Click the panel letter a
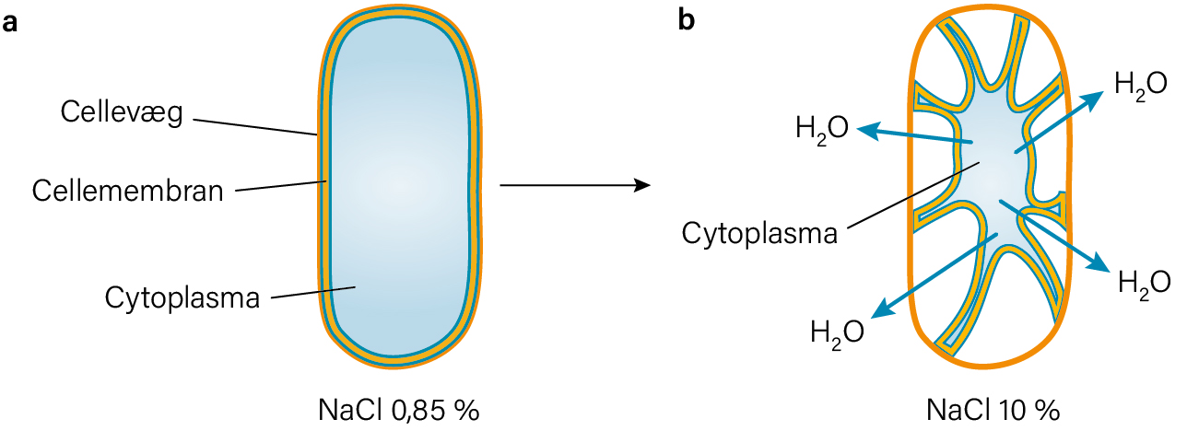click(x=9, y=23)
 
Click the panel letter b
click(x=687, y=20)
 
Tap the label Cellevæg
click(x=122, y=112)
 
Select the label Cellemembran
click(x=128, y=191)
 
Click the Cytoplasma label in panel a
click(x=182, y=298)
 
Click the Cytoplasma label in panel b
click(x=759, y=234)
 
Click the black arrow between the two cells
click(x=575, y=185)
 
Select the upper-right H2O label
click(x=1140, y=86)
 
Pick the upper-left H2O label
click(x=822, y=129)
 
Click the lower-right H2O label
click(x=1144, y=284)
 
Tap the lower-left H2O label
click(x=837, y=333)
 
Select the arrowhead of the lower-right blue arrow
click(x=1099, y=265)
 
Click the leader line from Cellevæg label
click(x=255, y=127)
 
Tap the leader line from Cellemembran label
click(x=281, y=186)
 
